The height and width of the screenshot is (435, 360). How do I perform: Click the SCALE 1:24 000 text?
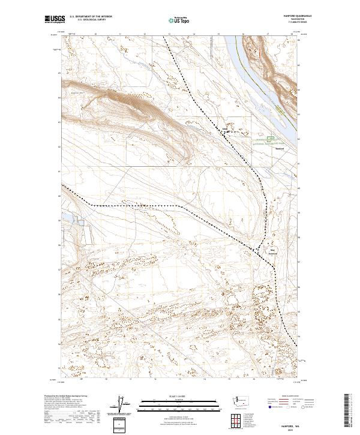pyautogui.click(x=161, y=394)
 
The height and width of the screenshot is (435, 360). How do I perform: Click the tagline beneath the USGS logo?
pyautogui.click(x=53, y=23)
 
